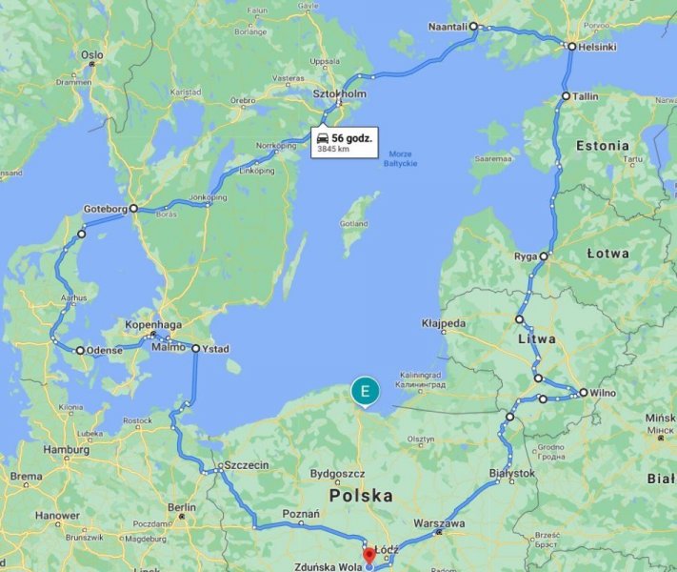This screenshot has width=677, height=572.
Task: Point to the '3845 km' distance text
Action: pos(333,150)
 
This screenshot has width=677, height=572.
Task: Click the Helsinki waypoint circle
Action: pos(571,46)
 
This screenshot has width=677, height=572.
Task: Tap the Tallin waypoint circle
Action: pos(566,96)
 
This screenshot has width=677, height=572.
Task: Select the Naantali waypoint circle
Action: pos(473,27)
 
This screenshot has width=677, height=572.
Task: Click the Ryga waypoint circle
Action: pos(544,256)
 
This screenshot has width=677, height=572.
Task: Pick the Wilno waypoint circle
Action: pos(583,392)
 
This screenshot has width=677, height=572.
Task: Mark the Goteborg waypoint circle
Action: pos(133,208)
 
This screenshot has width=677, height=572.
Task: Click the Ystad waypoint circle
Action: pos(195,349)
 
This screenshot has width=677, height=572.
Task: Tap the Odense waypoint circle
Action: pos(80,350)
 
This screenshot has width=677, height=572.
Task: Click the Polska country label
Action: pos(361,497)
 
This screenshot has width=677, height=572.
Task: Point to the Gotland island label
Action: pos(354,224)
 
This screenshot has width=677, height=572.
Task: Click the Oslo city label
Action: pos(91,55)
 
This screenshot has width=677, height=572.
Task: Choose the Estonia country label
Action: pos(602,146)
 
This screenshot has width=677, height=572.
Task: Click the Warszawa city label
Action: pos(440,524)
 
